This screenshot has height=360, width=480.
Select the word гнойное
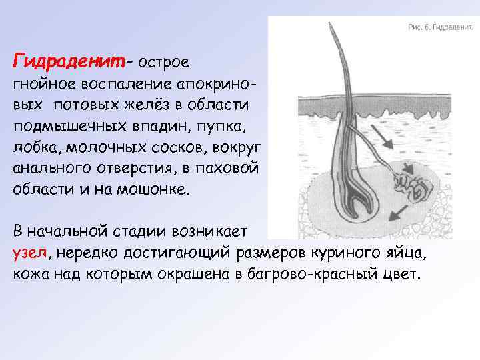pyautogui.click(x=43, y=85)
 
